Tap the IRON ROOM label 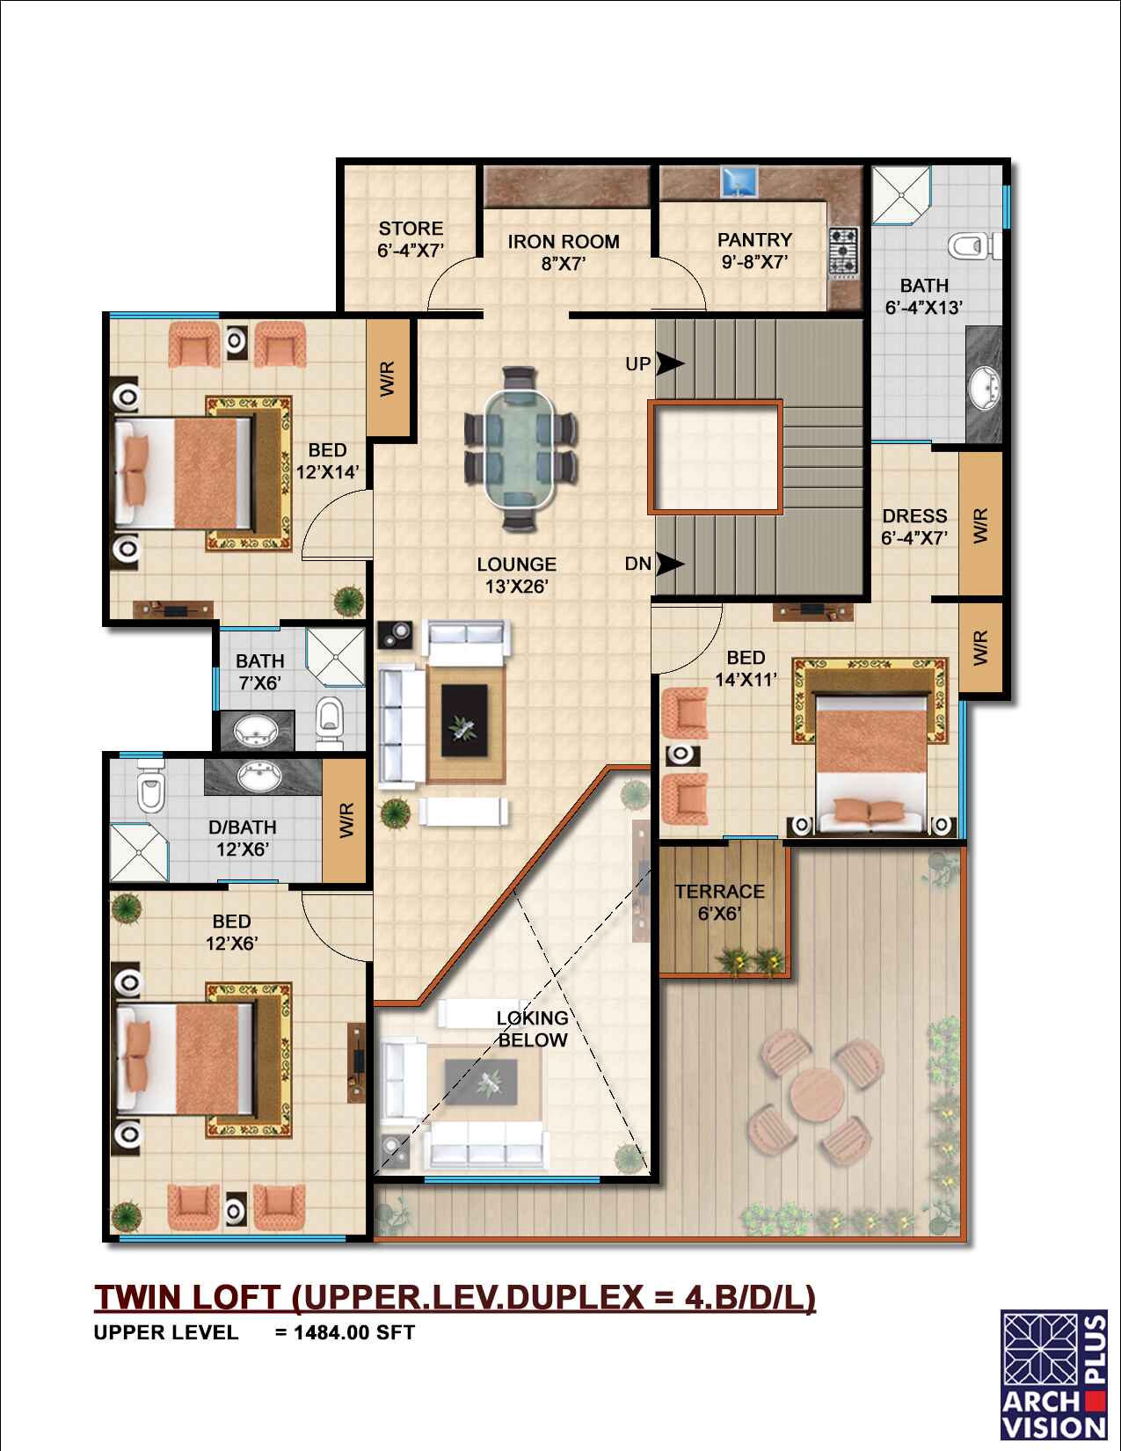click(564, 252)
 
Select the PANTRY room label click(754, 251)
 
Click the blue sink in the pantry click(739, 182)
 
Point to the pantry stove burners click(844, 252)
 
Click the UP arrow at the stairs click(670, 364)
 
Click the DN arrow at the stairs click(670, 565)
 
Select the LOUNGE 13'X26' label click(517, 575)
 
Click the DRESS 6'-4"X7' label click(914, 527)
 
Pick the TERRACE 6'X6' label click(720, 902)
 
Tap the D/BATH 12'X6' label click(243, 838)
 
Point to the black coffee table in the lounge click(465, 720)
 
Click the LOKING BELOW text click(533, 1029)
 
